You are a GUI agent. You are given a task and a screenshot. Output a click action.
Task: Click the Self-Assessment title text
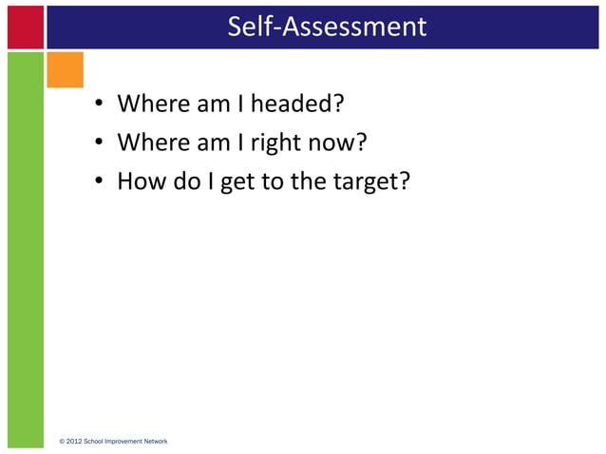(327, 26)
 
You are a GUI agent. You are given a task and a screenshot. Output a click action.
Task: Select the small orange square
(66, 69)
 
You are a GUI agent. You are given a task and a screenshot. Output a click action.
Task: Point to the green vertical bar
(26, 247)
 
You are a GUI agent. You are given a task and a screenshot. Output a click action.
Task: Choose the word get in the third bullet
(237, 182)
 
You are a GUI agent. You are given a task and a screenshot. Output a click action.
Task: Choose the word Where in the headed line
(153, 103)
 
